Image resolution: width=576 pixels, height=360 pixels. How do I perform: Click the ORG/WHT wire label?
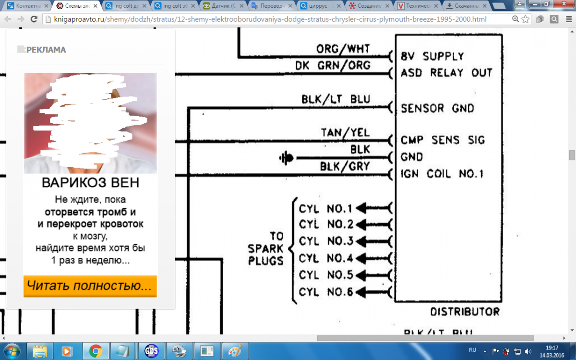point(343,49)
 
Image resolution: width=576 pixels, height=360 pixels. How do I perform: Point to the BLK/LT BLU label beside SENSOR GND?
point(336,99)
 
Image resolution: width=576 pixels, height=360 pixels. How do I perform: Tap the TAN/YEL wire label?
point(346,132)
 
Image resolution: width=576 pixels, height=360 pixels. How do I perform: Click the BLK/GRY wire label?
point(345,166)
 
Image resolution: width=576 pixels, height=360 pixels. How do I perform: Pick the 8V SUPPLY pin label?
point(432,56)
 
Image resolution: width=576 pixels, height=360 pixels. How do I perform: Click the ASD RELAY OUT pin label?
point(446,73)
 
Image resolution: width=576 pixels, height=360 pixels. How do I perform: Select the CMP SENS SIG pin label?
point(443,140)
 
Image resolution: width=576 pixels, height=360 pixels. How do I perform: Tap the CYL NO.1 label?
point(325,209)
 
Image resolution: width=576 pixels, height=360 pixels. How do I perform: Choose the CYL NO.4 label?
point(325,259)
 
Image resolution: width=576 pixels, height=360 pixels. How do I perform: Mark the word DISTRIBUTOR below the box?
point(464,312)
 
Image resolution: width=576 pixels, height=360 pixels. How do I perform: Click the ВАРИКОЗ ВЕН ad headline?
point(90,183)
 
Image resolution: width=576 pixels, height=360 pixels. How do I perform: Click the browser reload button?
point(34,20)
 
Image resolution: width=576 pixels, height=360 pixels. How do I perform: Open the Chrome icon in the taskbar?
point(96,351)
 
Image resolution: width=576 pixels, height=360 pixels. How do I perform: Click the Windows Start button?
point(12,351)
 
